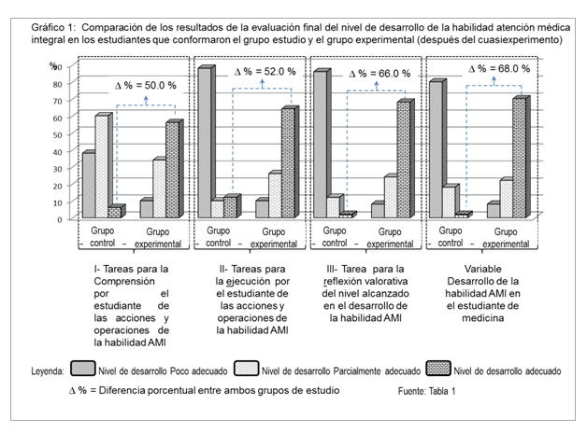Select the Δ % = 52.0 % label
click(x=265, y=70)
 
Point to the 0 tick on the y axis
click(x=59, y=218)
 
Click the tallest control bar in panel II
click(x=204, y=143)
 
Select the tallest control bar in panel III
click(x=321, y=145)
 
